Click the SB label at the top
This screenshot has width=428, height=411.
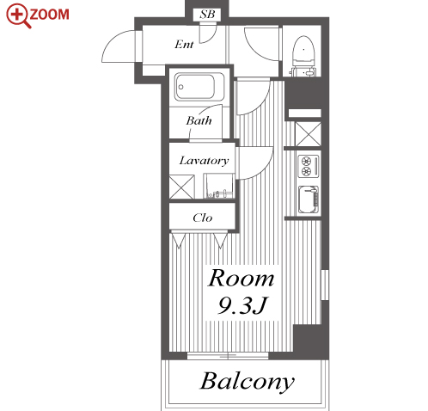click(207, 14)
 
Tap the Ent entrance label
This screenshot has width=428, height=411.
click(184, 45)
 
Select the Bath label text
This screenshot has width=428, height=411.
click(199, 120)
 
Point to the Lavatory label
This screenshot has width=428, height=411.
click(204, 161)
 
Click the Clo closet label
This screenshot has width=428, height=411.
click(203, 218)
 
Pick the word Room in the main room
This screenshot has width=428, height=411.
click(241, 278)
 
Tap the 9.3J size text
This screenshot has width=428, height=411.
click(242, 305)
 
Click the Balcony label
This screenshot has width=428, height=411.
click(247, 382)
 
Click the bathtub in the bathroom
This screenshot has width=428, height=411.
click(199, 87)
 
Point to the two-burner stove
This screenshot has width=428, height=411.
click(309, 166)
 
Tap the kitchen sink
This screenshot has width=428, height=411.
click(309, 199)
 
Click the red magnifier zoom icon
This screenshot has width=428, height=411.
click(18, 15)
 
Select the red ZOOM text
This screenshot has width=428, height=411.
click(49, 15)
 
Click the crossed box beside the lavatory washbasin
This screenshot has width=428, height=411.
click(181, 187)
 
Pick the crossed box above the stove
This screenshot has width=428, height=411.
click(308, 134)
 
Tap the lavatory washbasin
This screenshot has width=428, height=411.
click(219, 186)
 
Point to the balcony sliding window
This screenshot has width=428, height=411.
click(228, 356)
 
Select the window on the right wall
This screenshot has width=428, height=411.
click(325, 285)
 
